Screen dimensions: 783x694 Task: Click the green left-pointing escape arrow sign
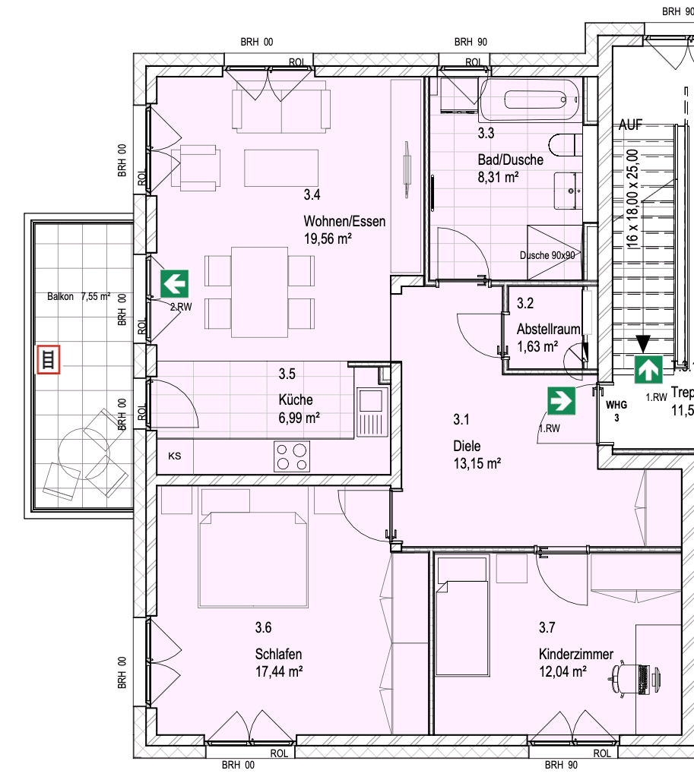tap(174, 285)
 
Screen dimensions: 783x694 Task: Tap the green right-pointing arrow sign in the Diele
tap(561, 400)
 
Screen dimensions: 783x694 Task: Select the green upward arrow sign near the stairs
tap(648, 370)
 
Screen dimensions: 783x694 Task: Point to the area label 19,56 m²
tap(328, 239)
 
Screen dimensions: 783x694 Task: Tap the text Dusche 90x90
tap(547, 256)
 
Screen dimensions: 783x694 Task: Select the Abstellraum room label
tap(548, 330)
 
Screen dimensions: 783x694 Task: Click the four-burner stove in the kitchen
tap(292, 456)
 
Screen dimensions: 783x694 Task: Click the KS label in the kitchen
tap(175, 456)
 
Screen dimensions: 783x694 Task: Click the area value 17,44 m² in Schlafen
tap(280, 671)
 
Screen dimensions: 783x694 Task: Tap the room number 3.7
tap(547, 627)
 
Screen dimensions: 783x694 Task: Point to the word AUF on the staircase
tap(631, 125)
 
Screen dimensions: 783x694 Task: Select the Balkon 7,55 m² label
tap(78, 297)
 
